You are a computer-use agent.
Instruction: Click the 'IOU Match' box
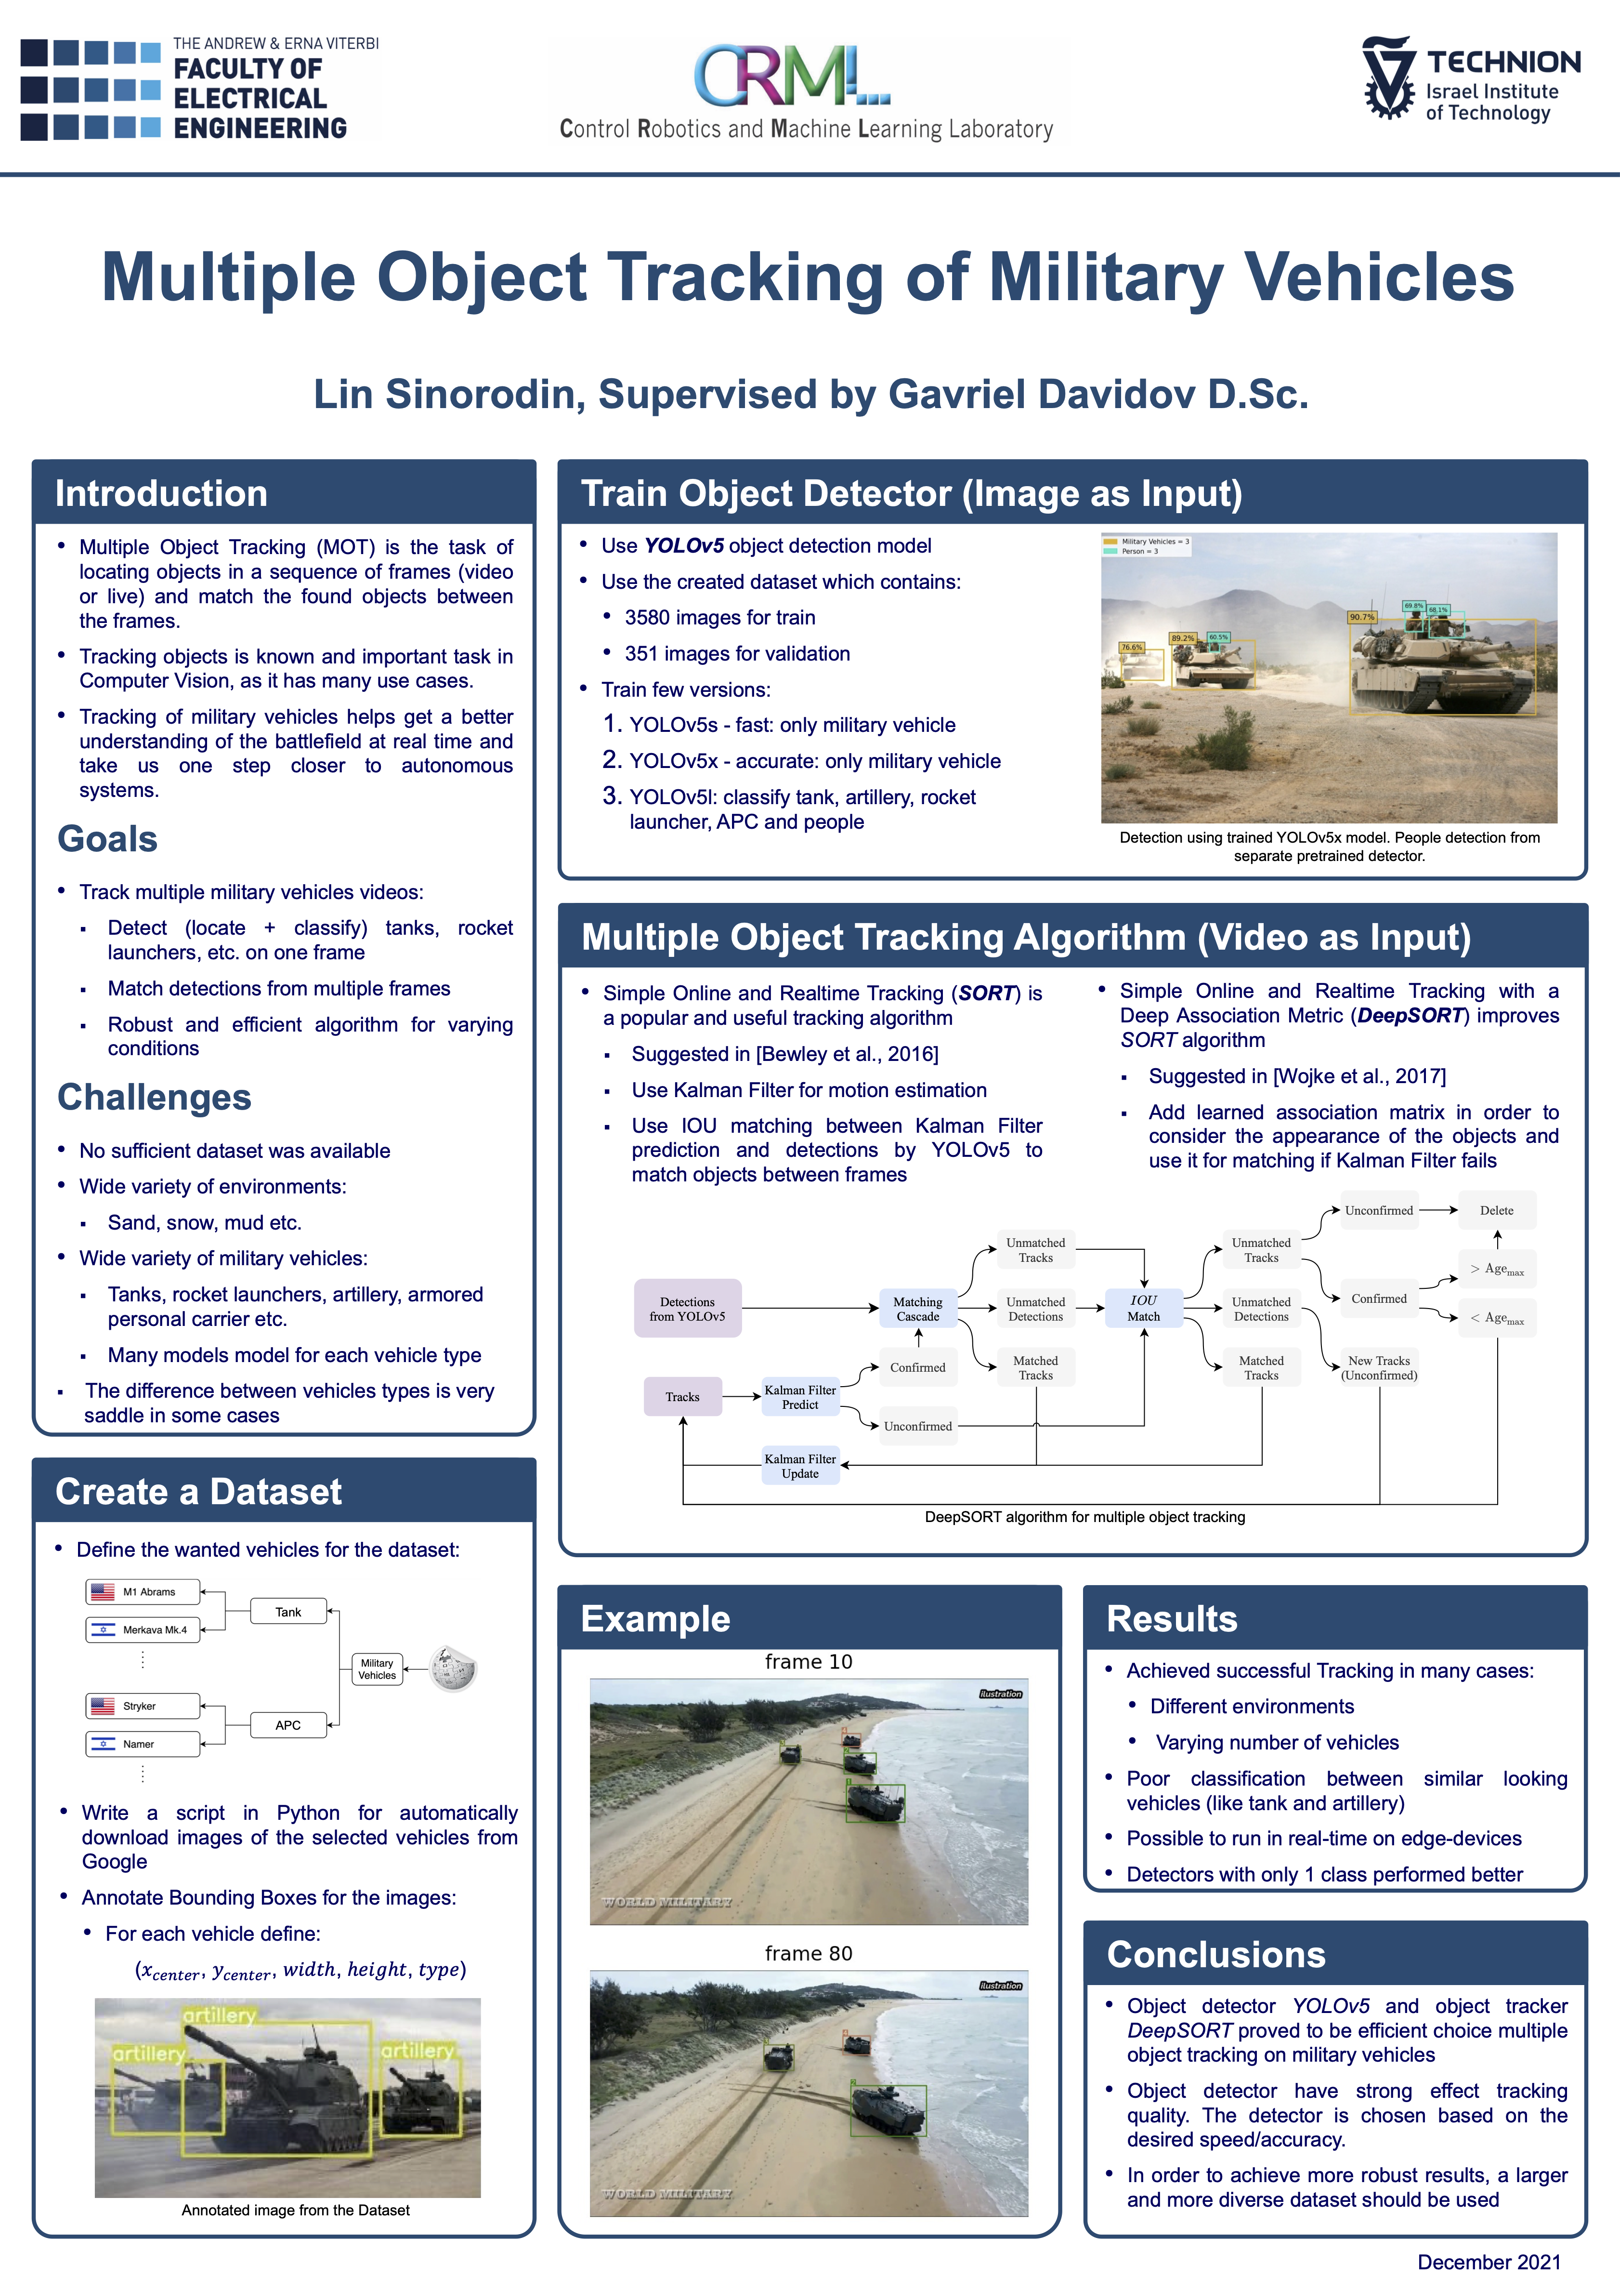[x=1143, y=1308]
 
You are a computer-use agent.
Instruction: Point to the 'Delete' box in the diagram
[x=1496, y=1210]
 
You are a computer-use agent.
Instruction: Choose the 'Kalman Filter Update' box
[x=800, y=1466]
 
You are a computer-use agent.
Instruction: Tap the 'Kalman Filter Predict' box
[x=800, y=1397]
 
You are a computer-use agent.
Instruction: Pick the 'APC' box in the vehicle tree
[x=288, y=1725]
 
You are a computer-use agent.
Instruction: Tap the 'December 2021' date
[x=1489, y=2262]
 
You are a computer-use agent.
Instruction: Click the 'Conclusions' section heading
[x=1216, y=1955]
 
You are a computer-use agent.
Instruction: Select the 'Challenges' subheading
[x=155, y=1098]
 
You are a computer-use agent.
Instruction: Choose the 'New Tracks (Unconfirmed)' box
[x=1379, y=1368]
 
